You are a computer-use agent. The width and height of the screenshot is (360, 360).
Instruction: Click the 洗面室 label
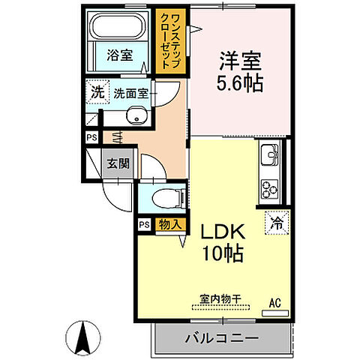click(x=132, y=94)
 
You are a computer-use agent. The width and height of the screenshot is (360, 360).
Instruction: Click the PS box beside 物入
click(x=143, y=223)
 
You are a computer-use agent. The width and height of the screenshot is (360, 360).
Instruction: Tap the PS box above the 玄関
click(x=91, y=138)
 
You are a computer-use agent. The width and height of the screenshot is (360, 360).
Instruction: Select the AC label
click(x=274, y=302)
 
